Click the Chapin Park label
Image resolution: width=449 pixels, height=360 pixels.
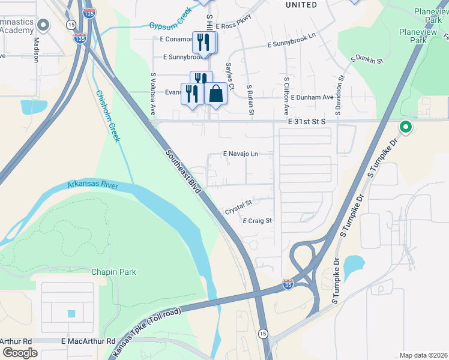[x=113, y=272]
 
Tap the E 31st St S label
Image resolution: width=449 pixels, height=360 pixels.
[x=306, y=121]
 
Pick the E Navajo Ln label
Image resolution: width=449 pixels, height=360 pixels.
[x=240, y=154]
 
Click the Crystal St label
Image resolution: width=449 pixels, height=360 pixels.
[x=238, y=208]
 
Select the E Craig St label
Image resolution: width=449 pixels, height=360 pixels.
[x=258, y=221]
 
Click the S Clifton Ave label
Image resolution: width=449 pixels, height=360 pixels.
[x=287, y=96]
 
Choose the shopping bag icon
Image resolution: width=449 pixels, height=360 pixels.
[x=215, y=94]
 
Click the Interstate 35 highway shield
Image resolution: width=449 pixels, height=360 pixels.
[x=289, y=283]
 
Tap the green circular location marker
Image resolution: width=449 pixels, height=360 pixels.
[x=405, y=127]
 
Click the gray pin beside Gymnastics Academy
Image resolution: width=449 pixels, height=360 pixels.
[x=43, y=25]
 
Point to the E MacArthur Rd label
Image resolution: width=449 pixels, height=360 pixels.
[x=88, y=341]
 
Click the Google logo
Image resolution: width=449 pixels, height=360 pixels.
[x=19, y=353]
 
